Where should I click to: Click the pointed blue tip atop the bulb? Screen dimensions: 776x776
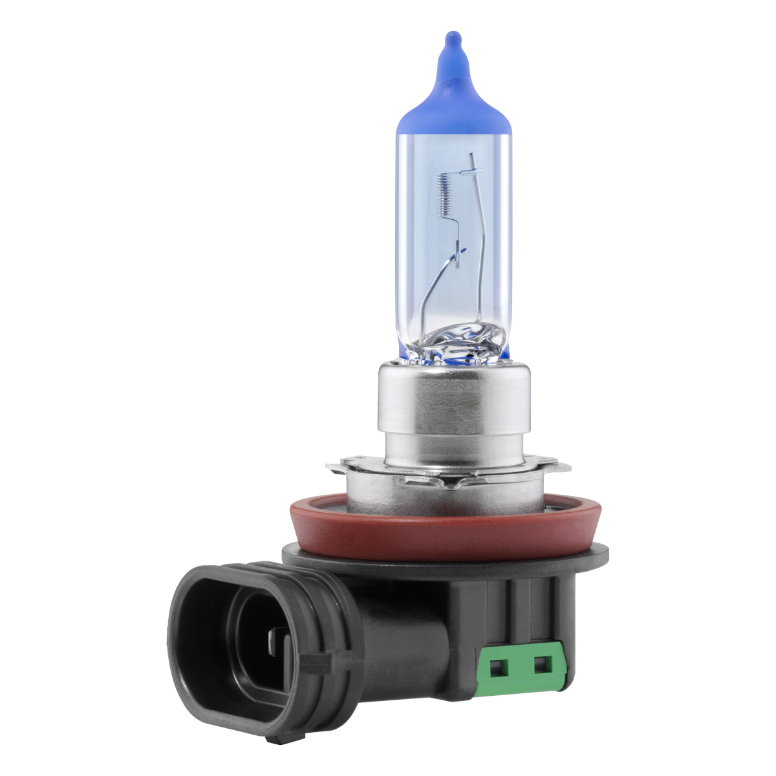coord(453,40)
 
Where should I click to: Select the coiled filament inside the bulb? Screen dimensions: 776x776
coord(443,194)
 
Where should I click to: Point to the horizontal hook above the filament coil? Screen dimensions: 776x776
coord(471,171)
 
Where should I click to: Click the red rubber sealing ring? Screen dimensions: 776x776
coord(446,527)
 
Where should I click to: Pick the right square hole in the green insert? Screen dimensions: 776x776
coord(542,663)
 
